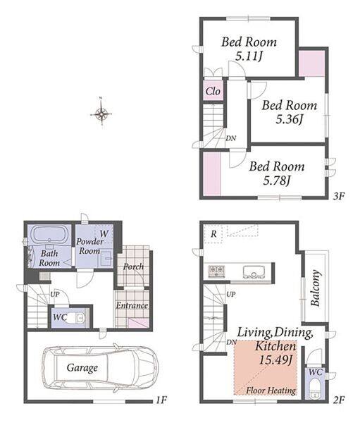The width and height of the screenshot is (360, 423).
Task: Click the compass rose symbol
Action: (101, 114)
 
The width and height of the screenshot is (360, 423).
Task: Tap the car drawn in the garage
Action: (100, 368)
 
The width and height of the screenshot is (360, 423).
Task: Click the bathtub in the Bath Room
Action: (49, 233)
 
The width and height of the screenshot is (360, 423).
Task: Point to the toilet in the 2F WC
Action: (314, 389)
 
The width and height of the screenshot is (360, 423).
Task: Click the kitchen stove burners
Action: (216, 271)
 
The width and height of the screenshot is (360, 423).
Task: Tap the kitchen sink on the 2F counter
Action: (253, 272)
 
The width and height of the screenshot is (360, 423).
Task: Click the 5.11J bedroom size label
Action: (249, 56)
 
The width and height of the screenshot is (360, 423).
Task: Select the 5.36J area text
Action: (290, 119)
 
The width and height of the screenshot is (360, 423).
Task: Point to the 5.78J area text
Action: (277, 180)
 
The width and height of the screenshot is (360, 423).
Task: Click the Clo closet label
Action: (213, 91)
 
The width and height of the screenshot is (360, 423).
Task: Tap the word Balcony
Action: (316, 288)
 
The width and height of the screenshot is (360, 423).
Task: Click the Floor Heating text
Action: (271, 391)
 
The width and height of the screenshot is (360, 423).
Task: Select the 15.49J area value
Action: (276, 360)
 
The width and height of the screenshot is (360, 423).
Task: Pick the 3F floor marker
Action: (339, 196)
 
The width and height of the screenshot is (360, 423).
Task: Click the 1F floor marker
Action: (161, 400)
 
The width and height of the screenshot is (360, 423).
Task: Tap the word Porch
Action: (133, 266)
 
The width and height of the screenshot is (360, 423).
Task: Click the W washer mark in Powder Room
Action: (104, 233)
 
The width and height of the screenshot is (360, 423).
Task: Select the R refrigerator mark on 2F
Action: (213, 234)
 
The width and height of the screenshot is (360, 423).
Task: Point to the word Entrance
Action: (132, 305)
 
